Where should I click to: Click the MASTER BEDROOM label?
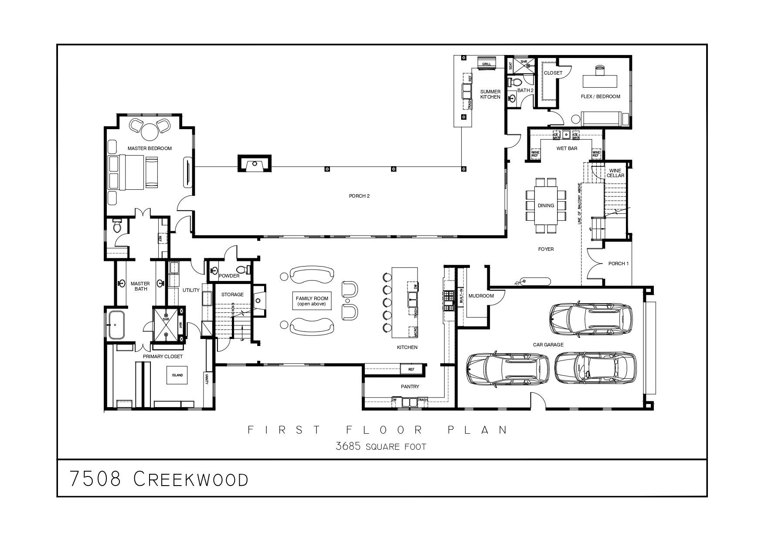pos(150,148)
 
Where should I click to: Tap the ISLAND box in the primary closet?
pos(177,375)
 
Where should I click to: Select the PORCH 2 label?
pos(359,196)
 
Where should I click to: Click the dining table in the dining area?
pos(546,205)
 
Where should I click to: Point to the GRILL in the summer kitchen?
pos(486,63)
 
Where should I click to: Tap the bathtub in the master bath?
pos(116,325)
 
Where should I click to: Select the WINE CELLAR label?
pos(615,173)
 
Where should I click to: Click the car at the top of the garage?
pos(591,318)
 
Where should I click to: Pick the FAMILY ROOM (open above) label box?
pos(312,301)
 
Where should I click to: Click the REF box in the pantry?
pos(411,370)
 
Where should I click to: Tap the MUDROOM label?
pos(481,296)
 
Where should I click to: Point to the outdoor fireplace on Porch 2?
pos(255,164)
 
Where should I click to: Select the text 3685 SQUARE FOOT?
pos(381,447)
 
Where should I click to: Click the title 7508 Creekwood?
pos(159,479)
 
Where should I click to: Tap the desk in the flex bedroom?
pos(600,81)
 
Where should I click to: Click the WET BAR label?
pos(567,148)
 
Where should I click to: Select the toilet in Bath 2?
pos(517,82)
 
